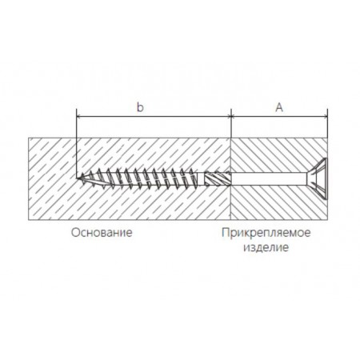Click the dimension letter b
tap(140, 107)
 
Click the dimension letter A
tap(279, 107)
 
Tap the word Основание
tap(102, 233)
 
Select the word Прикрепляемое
tap(266, 233)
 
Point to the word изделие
tap(266, 247)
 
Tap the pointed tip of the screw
tap(78, 178)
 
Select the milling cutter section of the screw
tap(217, 178)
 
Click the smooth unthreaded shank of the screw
tap(268, 178)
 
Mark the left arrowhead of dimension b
tap(78, 117)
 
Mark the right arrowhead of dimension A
tap(326, 117)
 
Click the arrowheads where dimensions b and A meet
tap(231, 117)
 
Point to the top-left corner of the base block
tap(29, 138)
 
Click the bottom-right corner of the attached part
tap(327, 220)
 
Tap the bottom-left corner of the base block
tap(29, 220)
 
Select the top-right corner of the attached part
tap(327, 138)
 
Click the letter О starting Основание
tap(75, 233)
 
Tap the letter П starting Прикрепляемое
tap(226, 232)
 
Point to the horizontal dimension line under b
tap(154, 117)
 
